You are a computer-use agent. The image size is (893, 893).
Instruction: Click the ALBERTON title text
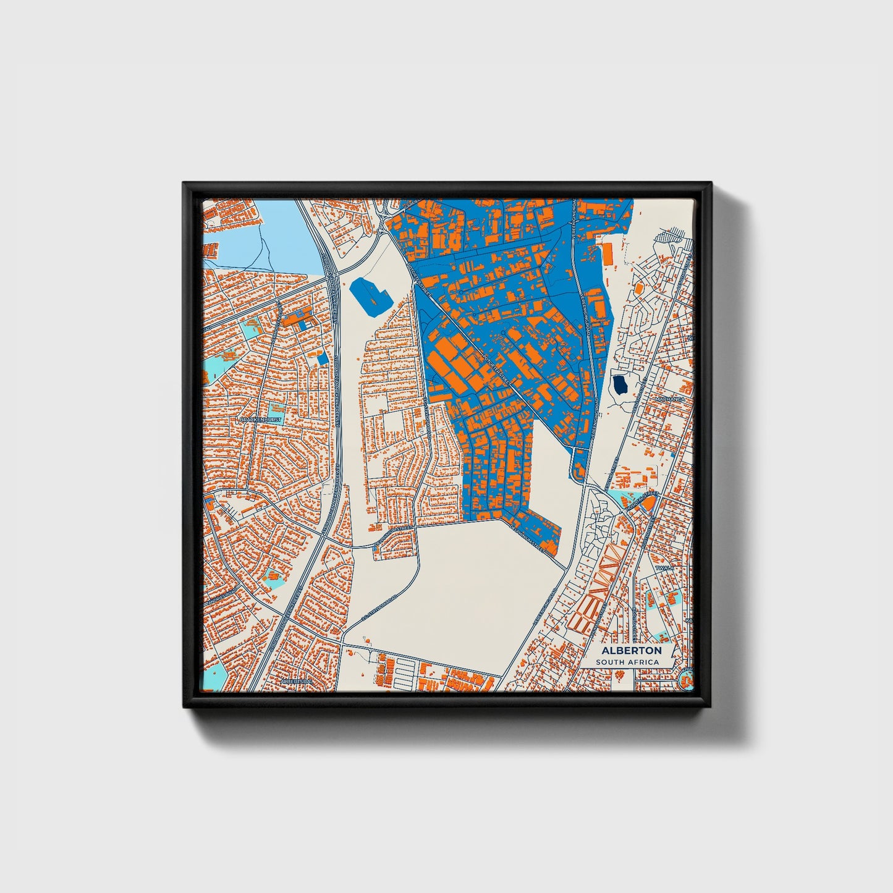click(631, 650)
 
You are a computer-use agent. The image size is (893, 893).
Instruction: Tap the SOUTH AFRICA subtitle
click(627, 662)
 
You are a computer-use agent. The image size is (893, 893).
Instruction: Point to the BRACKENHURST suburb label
click(260, 420)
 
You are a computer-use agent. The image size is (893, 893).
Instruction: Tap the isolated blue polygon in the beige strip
click(370, 295)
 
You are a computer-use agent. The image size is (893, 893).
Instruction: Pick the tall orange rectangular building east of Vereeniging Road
click(607, 253)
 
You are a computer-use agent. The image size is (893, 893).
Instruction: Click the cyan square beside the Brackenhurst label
click(277, 408)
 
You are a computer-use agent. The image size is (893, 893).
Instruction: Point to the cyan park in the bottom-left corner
click(213, 676)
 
